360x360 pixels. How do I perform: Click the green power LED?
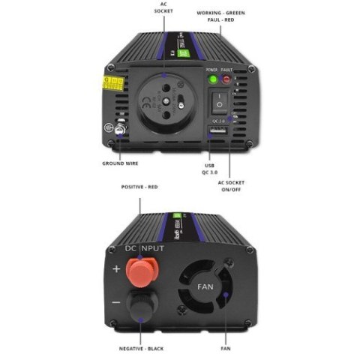click(x=212, y=78)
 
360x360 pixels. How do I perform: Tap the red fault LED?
click(x=226, y=78)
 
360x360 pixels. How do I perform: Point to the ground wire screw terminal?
click(x=118, y=129)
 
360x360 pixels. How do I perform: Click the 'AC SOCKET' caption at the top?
click(x=163, y=8)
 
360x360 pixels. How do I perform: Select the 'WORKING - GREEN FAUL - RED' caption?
click(x=220, y=16)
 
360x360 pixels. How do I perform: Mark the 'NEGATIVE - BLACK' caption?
click(x=142, y=349)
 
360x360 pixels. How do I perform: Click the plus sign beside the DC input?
click(x=115, y=268)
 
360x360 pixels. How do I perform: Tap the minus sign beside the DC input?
click(x=115, y=301)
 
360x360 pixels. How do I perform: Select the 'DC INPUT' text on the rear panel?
click(x=144, y=246)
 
